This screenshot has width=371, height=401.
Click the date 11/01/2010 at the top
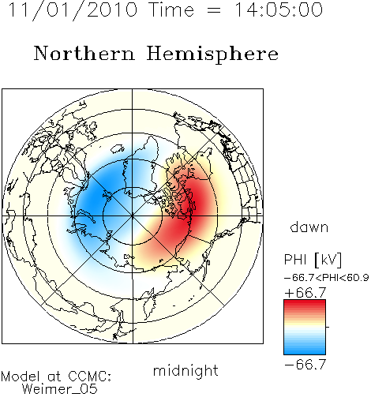(73, 10)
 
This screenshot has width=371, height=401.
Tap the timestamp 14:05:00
(279, 9)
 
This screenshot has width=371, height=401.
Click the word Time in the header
(171, 9)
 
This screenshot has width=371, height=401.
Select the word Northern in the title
(84, 53)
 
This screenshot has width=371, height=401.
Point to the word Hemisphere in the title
(212, 54)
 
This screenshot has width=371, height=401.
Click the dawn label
(309, 227)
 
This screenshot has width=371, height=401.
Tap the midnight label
(185, 370)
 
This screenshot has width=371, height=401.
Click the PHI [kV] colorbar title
(313, 260)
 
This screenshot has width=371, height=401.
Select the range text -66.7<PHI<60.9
(327, 278)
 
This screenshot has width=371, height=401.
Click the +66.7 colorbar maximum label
(305, 293)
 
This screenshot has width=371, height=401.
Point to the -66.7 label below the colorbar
(305, 365)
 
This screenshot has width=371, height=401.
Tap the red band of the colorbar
(305, 305)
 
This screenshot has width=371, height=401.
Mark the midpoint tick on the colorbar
(328, 327)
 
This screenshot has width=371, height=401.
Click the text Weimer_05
(60, 389)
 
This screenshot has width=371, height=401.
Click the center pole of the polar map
(133, 216)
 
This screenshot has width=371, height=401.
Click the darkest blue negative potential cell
(99, 196)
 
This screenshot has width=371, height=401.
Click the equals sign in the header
(214, 11)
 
